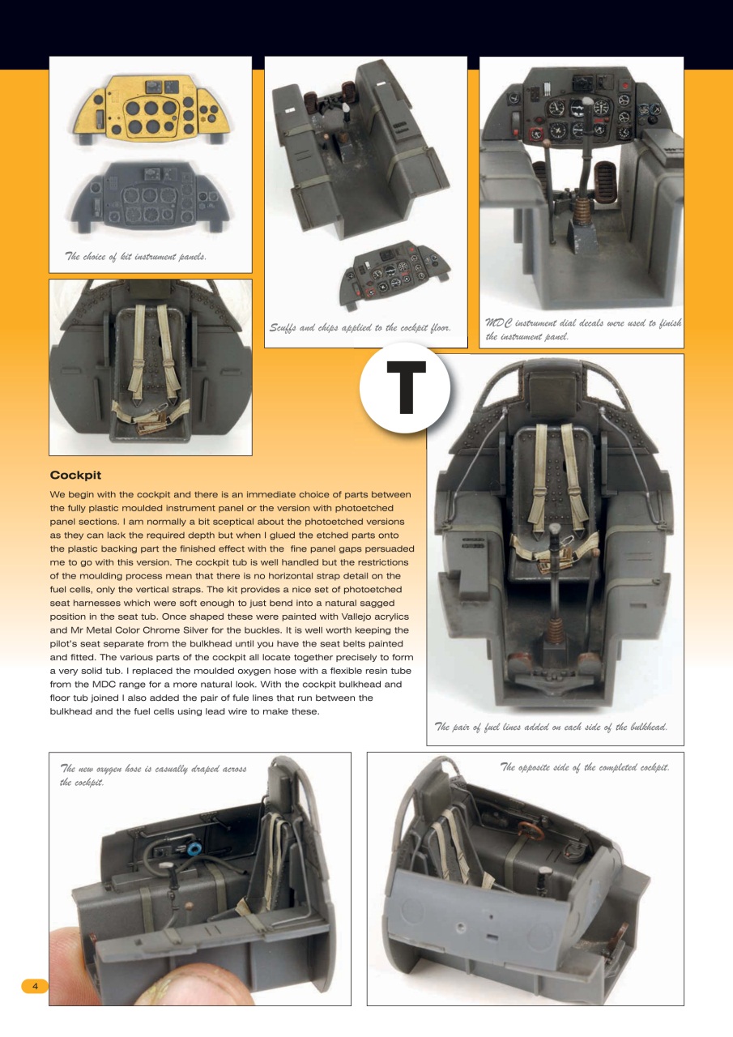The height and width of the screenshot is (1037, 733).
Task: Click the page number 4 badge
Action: pyautogui.click(x=35, y=986)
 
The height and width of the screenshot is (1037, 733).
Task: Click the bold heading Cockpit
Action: pyautogui.click(x=75, y=475)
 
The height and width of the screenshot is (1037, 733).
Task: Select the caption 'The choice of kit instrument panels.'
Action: pyautogui.click(x=136, y=257)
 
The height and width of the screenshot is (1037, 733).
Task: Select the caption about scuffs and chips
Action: pyautogui.click(x=360, y=327)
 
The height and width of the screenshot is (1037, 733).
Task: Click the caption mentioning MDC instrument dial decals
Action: pyautogui.click(x=582, y=330)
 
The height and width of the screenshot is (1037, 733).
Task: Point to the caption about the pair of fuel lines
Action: pyautogui.click(x=552, y=727)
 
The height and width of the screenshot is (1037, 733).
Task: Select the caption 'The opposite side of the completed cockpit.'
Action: pyautogui.click(x=585, y=766)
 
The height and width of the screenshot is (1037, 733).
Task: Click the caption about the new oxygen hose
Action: pyautogui.click(x=153, y=775)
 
